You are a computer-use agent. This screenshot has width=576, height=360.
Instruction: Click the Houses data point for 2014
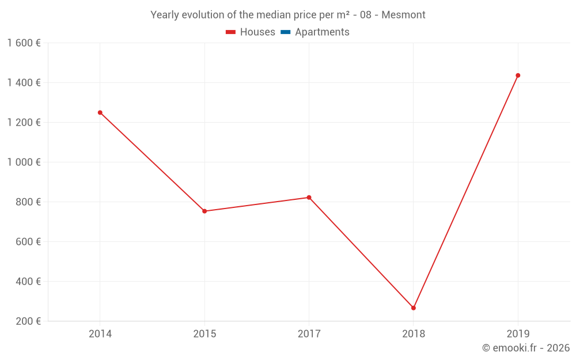tap(100, 113)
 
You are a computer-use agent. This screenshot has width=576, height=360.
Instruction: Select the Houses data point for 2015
tap(204, 211)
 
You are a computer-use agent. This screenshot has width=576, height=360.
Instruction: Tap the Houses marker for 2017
tap(309, 198)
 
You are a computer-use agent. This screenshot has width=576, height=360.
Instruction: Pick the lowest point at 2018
tap(414, 308)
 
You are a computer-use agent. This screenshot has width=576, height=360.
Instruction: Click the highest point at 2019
tap(518, 75)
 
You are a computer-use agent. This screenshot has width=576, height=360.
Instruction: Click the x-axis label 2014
tap(100, 334)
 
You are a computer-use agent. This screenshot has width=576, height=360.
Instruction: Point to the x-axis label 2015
tap(204, 334)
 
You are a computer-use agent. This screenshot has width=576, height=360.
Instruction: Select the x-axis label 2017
tap(309, 334)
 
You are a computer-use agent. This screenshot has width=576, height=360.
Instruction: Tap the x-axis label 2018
tap(414, 334)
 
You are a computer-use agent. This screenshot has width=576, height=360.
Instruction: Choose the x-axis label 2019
tap(518, 334)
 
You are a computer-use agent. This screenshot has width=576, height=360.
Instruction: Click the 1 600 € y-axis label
tap(24, 43)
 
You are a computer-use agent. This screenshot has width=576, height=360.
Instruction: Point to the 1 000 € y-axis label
tap(24, 162)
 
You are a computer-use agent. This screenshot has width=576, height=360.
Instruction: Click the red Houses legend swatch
tap(231, 32)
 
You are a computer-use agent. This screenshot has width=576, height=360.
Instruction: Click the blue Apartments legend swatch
tap(286, 32)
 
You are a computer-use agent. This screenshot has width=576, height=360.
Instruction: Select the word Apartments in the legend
tap(322, 32)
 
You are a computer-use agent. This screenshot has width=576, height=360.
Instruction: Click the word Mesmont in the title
tap(403, 15)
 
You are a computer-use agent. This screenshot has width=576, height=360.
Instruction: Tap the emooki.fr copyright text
tap(525, 348)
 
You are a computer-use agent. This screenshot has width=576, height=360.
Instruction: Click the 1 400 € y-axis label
tap(24, 83)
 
